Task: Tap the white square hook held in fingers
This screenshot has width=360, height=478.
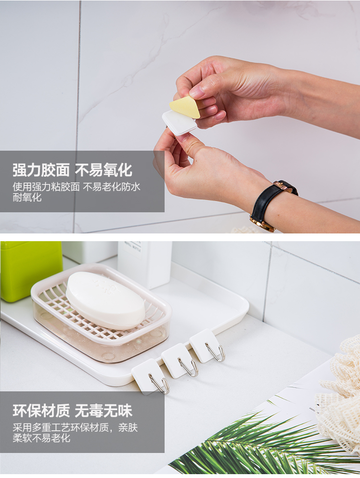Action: (179, 123)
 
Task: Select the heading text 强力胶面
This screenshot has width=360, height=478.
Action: (41, 170)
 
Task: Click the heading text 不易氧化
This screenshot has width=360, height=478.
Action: (103, 170)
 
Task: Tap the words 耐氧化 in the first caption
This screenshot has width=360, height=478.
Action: (27, 197)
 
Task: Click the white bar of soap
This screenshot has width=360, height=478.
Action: (105, 300)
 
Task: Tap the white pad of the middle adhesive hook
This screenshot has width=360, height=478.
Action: (174, 360)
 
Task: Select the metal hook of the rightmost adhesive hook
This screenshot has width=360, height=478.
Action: (216, 352)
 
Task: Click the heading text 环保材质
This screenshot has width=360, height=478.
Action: (41, 411)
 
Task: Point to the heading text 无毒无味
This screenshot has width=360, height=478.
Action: (103, 411)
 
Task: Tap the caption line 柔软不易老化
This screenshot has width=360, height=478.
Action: (41, 438)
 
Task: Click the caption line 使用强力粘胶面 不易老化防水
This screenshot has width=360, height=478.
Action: (77, 187)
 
